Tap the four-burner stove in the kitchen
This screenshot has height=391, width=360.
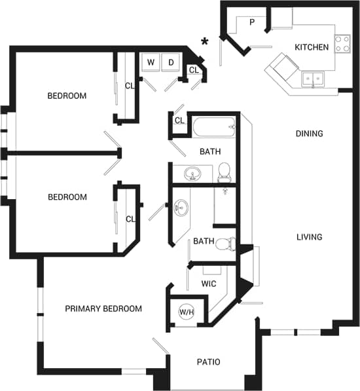(342, 43)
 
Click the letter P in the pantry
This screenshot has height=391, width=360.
(252, 22)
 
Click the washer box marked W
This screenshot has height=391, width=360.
(151, 62)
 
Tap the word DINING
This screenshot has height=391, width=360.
(309, 134)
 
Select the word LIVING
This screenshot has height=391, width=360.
(309, 237)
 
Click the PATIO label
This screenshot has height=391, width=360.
(209, 362)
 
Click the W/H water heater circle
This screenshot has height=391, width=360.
(187, 312)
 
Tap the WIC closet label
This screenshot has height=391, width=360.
(208, 284)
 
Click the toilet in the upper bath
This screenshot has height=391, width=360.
(224, 172)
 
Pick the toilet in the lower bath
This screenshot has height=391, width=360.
(225, 244)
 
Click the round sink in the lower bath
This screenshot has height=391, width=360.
(181, 208)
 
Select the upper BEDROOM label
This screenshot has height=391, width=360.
(67, 96)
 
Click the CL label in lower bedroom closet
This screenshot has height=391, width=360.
(130, 219)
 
